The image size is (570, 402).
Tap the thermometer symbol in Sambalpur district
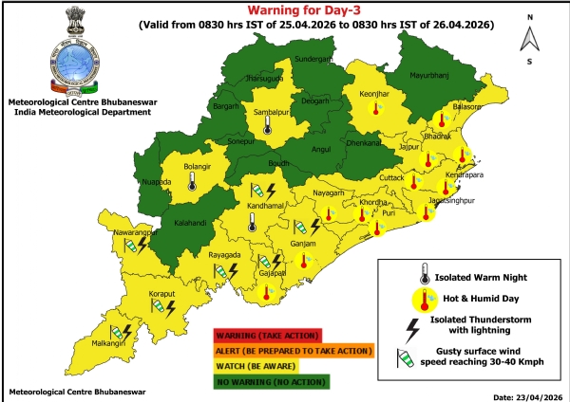(267, 126)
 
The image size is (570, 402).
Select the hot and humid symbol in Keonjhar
(378, 110)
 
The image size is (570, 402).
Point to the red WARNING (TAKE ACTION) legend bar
(268, 336)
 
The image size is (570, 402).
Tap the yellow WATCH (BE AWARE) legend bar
(267, 365)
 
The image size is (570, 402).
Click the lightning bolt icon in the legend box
(412, 329)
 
